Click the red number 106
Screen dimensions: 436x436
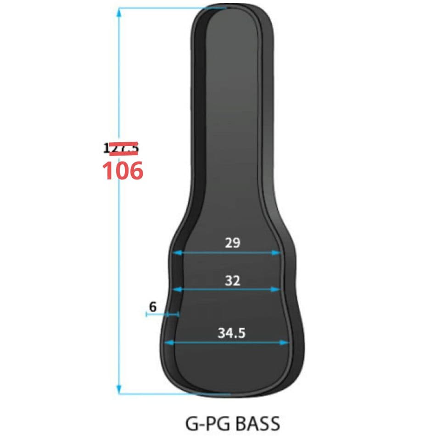[122, 171]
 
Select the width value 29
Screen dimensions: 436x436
[233, 242]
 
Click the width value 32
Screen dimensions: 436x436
[233, 280]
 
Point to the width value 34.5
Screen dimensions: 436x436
[231, 333]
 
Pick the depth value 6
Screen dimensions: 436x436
[153, 306]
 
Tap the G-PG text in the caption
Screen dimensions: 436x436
[206, 423]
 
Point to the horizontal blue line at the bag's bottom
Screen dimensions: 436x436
[174, 394]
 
